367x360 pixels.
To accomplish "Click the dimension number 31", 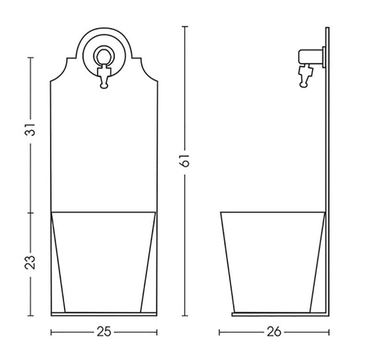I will [31, 130].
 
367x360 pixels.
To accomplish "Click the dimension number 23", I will [31, 261].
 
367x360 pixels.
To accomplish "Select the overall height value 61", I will [185, 163].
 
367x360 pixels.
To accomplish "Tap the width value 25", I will [103, 332].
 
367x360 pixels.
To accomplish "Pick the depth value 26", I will [274, 332].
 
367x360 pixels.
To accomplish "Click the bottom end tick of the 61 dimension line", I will [185, 316].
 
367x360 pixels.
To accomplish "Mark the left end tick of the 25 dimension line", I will [51, 332].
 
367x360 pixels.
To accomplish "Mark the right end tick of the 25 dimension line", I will [156, 332].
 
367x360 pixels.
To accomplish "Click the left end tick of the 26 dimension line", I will [219, 332].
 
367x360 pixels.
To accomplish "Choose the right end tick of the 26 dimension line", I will [329, 332].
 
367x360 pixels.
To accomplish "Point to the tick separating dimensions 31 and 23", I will [31, 213].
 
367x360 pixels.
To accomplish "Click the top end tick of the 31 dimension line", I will [31, 57].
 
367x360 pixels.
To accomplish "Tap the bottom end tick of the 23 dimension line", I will [31, 316].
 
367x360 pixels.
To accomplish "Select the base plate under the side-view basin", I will [278, 314].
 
